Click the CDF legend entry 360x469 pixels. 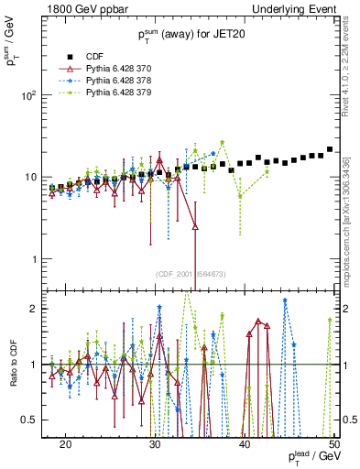[x=95, y=56]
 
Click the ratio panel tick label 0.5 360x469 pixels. [x=35, y=420]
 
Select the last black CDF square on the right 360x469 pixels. [x=329, y=149]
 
